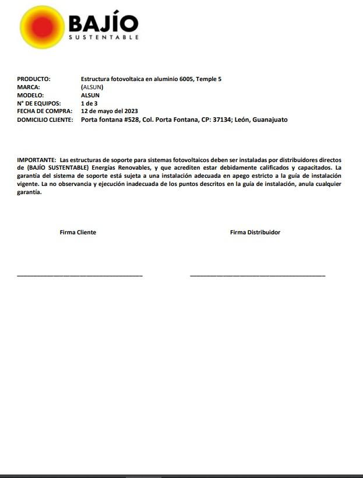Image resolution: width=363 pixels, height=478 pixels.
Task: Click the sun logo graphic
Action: pos(42,27)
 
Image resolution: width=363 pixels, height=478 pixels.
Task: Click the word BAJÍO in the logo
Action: pos(103,23)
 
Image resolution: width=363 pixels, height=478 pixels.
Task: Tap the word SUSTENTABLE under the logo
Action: pos(104,37)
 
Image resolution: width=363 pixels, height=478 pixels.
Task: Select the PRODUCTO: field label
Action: pos(34,79)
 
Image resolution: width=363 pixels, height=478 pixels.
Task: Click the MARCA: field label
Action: pos(29,87)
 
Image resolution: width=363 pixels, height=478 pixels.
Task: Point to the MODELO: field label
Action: pos(30,95)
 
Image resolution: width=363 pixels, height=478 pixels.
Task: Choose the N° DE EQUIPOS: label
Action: pos(39,103)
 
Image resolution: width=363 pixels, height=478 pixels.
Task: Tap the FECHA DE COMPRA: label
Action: pos(44,111)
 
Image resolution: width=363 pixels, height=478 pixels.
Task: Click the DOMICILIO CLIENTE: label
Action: pos(45,119)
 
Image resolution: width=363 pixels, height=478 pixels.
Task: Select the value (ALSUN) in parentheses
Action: pos(92,87)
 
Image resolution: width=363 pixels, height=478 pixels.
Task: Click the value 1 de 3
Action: pos(89,103)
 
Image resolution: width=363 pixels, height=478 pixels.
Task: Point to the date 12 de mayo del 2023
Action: pos(109,111)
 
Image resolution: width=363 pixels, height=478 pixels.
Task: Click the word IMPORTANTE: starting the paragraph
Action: pos(37,159)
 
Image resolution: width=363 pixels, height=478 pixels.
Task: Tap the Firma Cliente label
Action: pos(77,232)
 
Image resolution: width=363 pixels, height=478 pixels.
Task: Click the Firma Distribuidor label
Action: pos(255,232)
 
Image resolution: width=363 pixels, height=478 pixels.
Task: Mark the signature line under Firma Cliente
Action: pos(80,275)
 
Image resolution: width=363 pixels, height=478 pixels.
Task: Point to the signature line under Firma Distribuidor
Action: pos(258,275)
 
